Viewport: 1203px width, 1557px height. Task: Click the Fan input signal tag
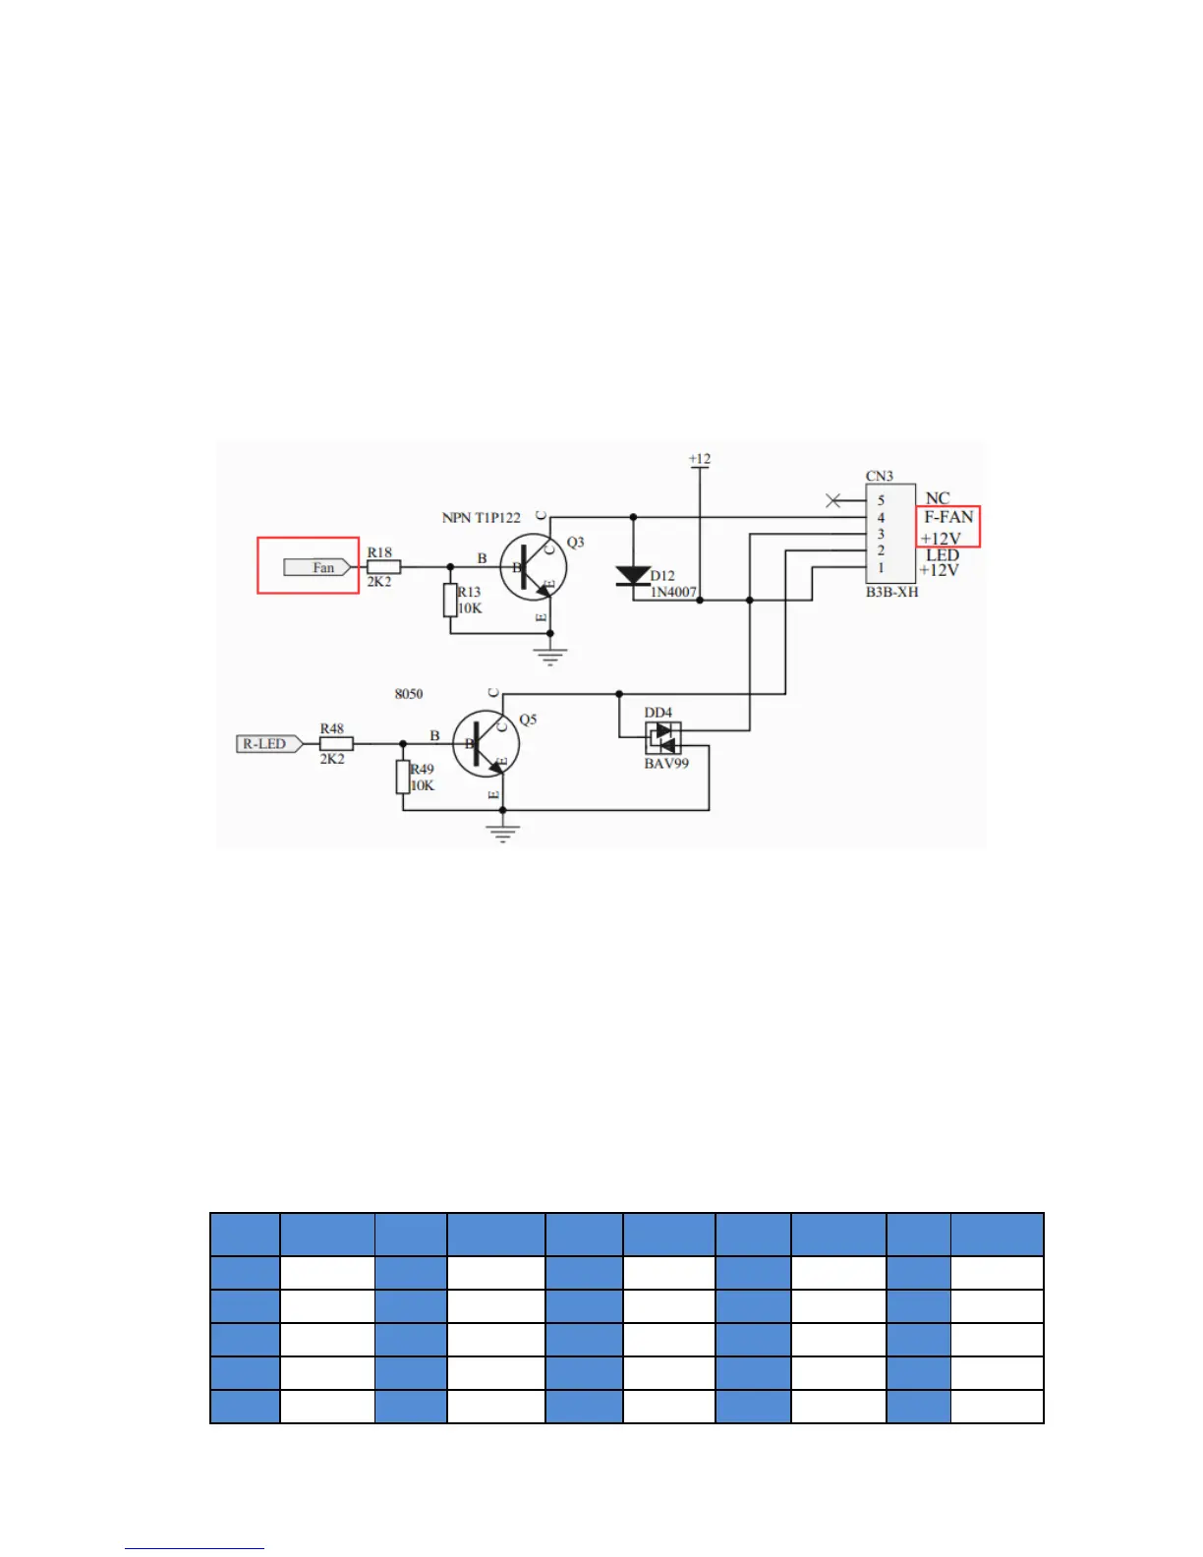[317, 567]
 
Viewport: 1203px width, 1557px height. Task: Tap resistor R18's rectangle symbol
[384, 567]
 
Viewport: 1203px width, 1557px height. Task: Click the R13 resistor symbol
[450, 600]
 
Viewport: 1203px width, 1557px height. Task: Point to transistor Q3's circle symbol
[534, 567]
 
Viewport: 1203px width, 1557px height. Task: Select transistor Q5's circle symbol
[486, 744]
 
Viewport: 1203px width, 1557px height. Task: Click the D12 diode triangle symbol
[633, 576]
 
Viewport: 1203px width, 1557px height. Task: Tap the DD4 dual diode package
[663, 738]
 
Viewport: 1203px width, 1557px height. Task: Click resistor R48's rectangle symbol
[336, 744]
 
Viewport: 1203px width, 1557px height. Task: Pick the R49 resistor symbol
[403, 777]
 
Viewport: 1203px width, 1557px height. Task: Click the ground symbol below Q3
[550, 656]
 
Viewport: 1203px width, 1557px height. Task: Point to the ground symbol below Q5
[503, 833]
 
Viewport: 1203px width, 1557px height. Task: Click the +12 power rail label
[700, 459]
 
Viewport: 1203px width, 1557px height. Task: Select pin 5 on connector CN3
[881, 500]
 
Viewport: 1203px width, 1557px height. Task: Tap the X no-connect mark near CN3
[833, 500]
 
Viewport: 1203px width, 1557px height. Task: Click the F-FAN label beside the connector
[948, 517]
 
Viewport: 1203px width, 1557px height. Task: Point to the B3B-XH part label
[892, 592]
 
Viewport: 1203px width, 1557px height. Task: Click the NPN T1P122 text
[482, 518]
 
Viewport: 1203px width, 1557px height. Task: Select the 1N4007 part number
[673, 592]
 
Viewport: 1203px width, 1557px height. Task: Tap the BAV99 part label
[666, 764]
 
